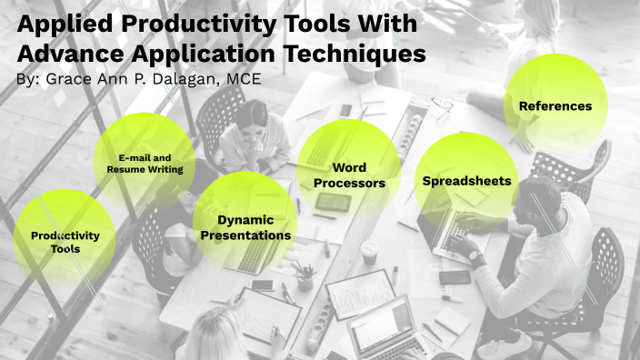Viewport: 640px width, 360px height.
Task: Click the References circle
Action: coord(555,105)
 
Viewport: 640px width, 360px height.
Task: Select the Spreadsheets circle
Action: coord(466,181)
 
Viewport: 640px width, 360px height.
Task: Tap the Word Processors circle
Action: coord(349,175)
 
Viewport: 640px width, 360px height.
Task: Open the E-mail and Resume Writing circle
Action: coord(145,163)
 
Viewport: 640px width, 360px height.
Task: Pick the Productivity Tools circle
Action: coord(65,241)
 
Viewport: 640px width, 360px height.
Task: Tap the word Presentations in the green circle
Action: coord(245,235)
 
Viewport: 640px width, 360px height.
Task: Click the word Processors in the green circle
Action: coord(350,184)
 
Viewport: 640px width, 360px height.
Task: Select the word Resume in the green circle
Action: coord(125,169)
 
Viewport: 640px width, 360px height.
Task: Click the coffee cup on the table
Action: coord(369,252)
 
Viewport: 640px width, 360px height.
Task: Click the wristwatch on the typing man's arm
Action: coord(476,257)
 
